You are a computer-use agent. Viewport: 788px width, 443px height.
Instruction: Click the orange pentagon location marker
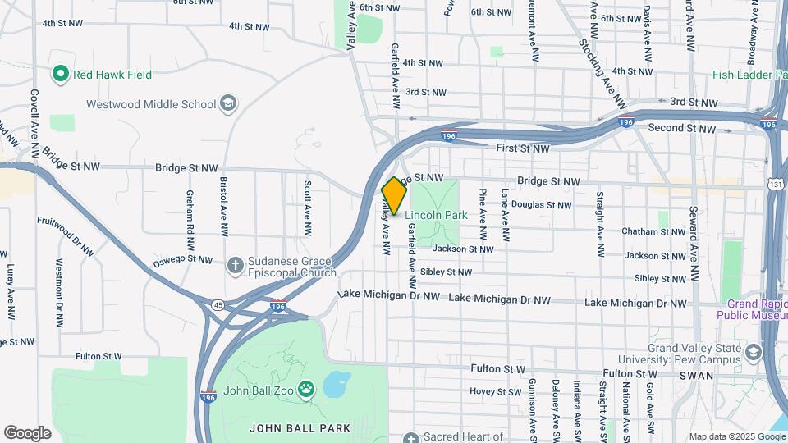(x=394, y=196)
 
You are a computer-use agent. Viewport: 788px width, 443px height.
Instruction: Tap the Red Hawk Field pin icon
(x=60, y=75)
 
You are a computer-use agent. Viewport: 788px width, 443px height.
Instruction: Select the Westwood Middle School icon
(x=228, y=104)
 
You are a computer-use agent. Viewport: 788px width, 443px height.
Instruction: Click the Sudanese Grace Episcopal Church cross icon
(x=236, y=264)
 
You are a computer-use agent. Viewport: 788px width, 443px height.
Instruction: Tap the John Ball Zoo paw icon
(x=306, y=389)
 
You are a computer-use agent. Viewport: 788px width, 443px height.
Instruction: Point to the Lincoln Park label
(x=436, y=215)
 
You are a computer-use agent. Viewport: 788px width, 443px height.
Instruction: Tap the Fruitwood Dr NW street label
(x=66, y=235)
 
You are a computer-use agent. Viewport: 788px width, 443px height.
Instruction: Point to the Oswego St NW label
(x=182, y=260)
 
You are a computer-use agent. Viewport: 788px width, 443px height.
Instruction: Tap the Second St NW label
(x=676, y=128)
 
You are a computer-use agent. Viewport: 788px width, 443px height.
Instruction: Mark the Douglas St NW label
(x=541, y=204)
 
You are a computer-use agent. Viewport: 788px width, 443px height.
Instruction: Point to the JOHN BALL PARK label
(x=300, y=427)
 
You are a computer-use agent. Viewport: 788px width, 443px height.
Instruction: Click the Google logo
(x=27, y=433)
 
